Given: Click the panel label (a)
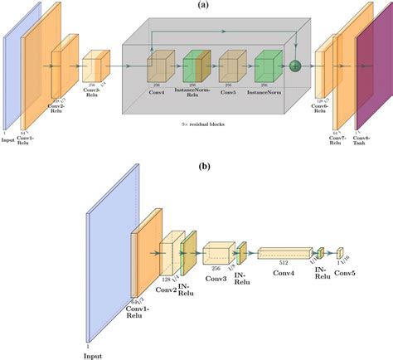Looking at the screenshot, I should point(202,5).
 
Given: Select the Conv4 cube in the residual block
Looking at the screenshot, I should point(159,67).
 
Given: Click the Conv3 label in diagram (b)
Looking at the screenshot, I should point(216,278).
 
